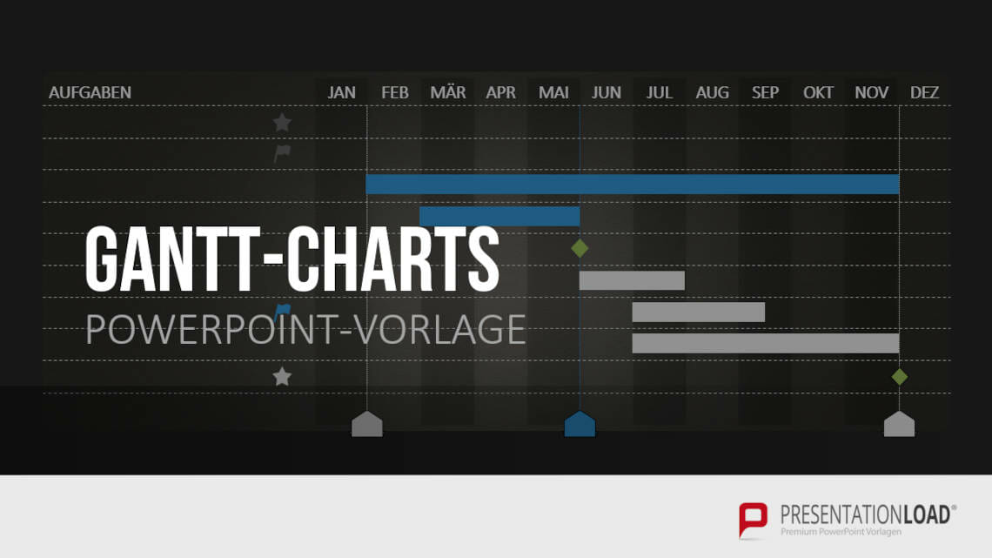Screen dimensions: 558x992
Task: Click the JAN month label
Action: tap(342, 92)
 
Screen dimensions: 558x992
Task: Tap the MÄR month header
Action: tap(448, 92)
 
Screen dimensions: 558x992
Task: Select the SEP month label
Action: tap(765, 92)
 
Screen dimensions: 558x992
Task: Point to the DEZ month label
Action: tap(924, 92)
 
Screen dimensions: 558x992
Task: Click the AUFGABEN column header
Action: tap(90, 92)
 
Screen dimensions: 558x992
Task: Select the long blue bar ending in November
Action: tap(632, 184)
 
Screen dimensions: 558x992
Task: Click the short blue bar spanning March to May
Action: tap(499, 216)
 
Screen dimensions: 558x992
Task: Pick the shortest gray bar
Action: tap(632, 280)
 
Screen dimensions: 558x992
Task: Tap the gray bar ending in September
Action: tap(698, 312)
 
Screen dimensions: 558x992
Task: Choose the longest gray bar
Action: tap(765, 343)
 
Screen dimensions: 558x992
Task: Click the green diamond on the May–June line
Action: tap(580, 248)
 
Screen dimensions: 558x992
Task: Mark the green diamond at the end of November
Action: tap(899, 376)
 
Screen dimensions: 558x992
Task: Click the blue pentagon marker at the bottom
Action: tap(580, 424)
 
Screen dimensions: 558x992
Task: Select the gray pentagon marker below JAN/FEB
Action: tap(366, 424)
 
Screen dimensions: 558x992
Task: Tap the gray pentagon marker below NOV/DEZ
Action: tap(899, 424)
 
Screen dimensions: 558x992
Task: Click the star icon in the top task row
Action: tap(282, 123)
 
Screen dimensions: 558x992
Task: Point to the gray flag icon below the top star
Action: tap(282, 154)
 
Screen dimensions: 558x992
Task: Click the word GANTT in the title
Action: tap(174, 259)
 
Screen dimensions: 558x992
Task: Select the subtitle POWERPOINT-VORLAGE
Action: tap(305, 329)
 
